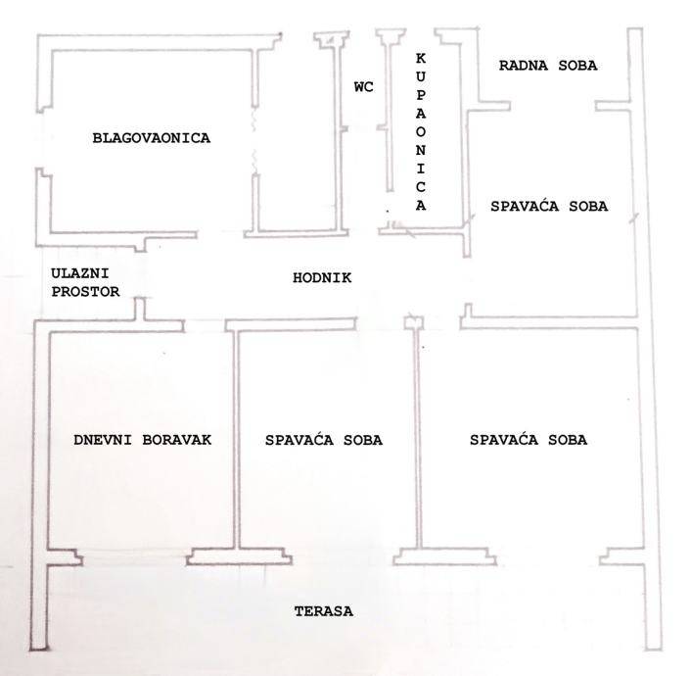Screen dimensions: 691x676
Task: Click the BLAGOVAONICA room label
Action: (151, 138)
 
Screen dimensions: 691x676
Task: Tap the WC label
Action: (363, 87)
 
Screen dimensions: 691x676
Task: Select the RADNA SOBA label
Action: (548, 66)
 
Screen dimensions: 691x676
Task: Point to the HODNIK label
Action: (322, 277)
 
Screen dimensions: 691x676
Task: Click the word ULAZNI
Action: (79, 273)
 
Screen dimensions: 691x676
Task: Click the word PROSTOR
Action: (85, 292)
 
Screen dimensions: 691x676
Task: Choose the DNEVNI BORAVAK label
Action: (142, 440)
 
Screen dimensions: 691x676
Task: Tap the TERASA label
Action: (323, 611)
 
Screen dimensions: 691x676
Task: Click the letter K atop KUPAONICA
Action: (421, 58)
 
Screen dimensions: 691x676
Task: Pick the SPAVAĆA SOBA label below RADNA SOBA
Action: (549, 206)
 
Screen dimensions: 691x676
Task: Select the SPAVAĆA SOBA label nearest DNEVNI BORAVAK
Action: (323, 440)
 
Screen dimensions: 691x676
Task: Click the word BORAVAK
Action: (177, 440)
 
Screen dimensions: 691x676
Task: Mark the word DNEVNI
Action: (102, 440)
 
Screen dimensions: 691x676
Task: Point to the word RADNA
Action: (523, 66)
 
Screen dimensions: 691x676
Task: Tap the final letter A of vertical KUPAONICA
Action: (421, 205)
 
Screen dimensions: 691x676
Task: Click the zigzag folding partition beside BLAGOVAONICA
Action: (254, 141)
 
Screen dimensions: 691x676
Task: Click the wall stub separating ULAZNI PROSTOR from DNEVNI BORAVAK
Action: (140, 309)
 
